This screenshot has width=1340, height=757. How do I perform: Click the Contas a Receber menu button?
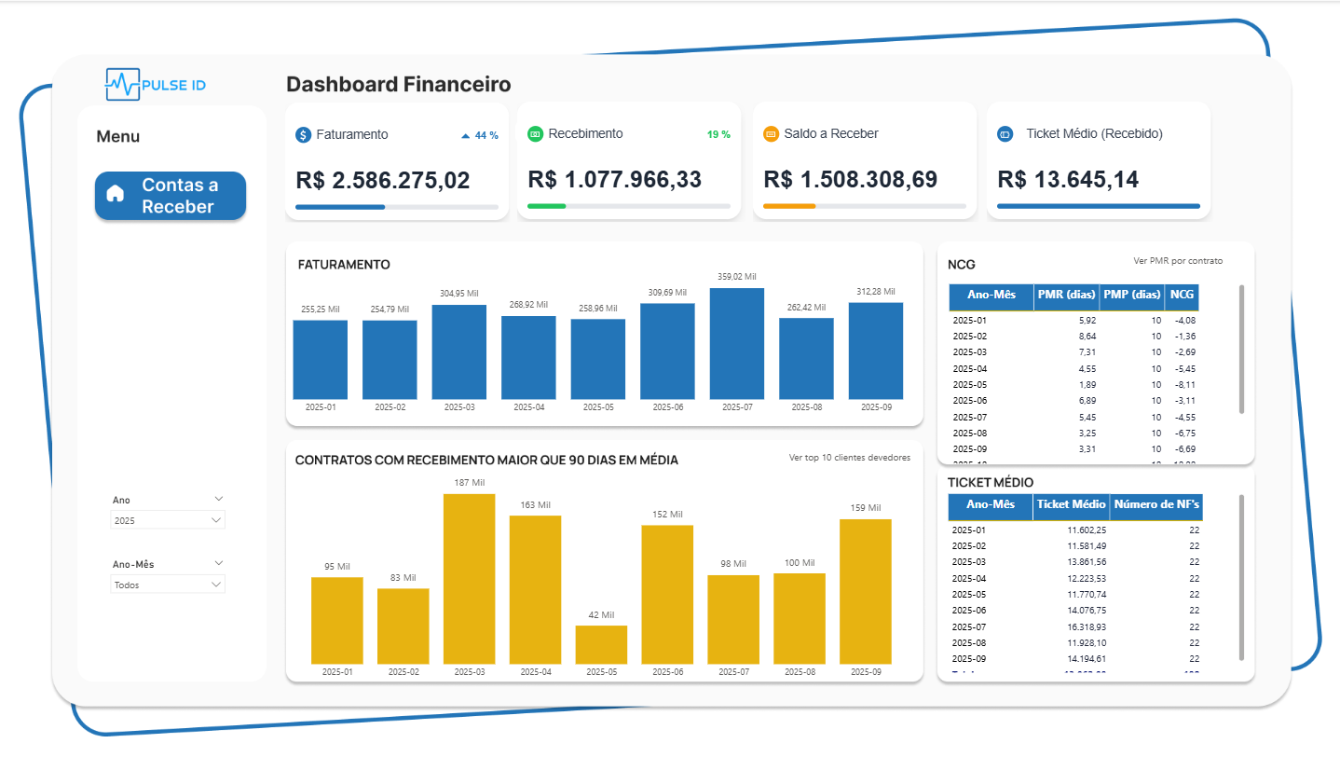point(171,196)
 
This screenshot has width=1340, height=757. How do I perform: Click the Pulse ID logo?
point(156,85)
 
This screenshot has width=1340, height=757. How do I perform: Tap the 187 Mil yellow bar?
point(469,578)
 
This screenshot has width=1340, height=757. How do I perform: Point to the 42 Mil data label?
point(601,615)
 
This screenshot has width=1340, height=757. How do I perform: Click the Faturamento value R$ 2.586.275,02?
point(383,180)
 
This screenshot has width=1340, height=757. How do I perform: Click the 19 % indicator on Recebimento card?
point(718,134)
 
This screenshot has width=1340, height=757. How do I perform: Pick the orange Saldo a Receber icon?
point(771,134)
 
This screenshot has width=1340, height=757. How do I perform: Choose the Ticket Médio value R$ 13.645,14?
point(1068,180)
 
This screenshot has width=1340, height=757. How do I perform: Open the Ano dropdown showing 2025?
point(168,520)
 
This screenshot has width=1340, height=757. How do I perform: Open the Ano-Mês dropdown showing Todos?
point(168,585)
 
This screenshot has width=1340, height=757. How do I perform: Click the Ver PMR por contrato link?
point(1178,261)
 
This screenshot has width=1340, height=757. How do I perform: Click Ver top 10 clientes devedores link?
point(849,458)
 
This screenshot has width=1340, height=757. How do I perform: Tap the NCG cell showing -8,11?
point(1184,384)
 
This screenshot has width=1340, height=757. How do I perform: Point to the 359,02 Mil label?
point(736,277)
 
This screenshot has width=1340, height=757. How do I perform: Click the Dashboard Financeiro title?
point(398,85)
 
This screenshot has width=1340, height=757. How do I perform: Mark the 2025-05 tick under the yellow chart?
point(601,672)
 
